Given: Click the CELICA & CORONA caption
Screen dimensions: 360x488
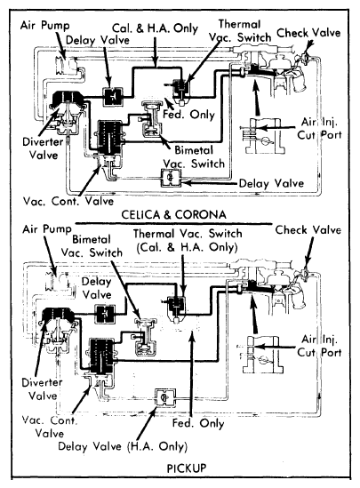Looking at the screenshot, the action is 173,214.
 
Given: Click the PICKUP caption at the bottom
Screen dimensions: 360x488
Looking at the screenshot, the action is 187,468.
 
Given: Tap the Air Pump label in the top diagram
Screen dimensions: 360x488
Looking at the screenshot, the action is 44,25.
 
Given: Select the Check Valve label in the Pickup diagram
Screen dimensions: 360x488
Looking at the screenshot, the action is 308,230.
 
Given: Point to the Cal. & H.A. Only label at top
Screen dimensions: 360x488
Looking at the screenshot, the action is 155,28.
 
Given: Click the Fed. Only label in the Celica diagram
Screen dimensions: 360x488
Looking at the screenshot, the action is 188,114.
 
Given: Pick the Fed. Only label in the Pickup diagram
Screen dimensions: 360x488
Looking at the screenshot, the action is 198,423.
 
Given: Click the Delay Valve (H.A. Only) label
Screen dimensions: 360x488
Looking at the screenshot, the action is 123,446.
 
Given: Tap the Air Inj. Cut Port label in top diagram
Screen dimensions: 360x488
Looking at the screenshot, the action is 319,128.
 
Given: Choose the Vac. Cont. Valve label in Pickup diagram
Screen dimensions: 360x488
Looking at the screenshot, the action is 50,427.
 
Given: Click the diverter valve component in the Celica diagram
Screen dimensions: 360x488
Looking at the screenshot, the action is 67,111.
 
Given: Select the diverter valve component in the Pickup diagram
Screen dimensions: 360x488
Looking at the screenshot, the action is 58,330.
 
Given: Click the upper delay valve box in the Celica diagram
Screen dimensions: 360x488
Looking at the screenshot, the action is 112,97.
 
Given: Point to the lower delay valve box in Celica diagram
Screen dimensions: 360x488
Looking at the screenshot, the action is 171,178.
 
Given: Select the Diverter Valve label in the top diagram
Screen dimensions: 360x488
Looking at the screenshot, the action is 43,148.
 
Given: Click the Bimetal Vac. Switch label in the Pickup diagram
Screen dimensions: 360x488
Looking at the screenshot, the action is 92,246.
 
